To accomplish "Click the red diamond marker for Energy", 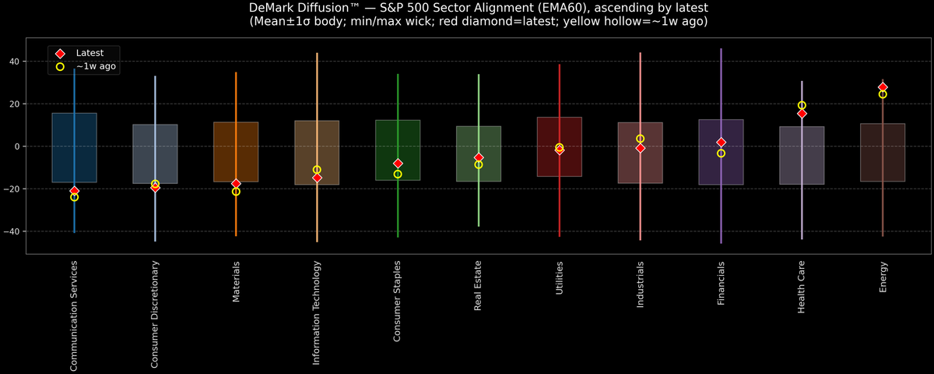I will tap(883, 87).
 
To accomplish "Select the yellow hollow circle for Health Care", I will tap(802, 105).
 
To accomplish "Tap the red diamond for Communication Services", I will tap(74, 191).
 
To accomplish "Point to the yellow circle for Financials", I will tap(721, 153).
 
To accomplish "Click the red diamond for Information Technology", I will tap(317, 178).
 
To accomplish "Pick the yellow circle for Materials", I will tap(236, 192).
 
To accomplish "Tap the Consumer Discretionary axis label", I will tap(155, 314).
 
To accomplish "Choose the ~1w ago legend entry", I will tap(96, 67).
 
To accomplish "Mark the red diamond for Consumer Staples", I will tap(398, 164).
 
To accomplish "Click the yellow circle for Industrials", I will tap(640, 139).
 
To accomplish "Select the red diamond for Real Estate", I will tap(479, 157).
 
